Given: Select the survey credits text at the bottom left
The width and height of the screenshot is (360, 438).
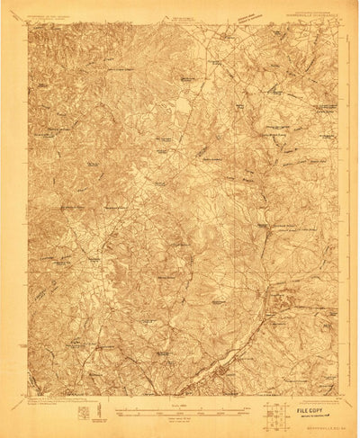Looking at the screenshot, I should tap(54, 402).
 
